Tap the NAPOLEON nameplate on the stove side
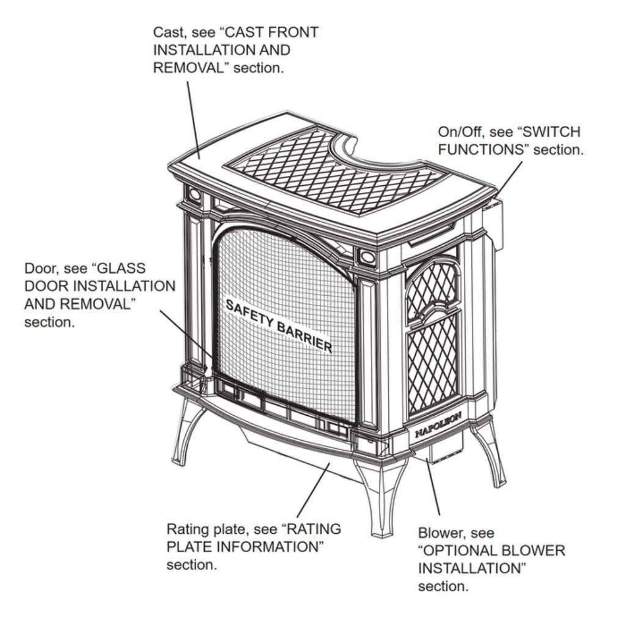[438, 425]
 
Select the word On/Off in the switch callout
[461, 132]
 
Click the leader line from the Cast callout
[193, 120]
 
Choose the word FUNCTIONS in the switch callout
[481, 150]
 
